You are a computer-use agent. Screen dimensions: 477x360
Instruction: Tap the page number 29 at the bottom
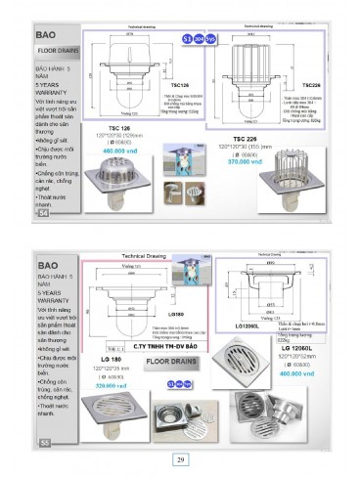pyautogui.click(x=180, y=459)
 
